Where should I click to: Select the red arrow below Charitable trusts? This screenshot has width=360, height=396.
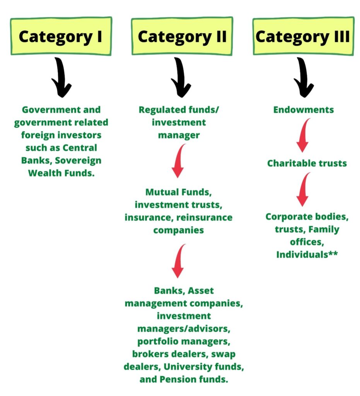pyautogui.click(x=304, y=189)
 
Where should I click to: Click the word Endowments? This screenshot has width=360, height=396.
pyautogui.click(x=303, y=110)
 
